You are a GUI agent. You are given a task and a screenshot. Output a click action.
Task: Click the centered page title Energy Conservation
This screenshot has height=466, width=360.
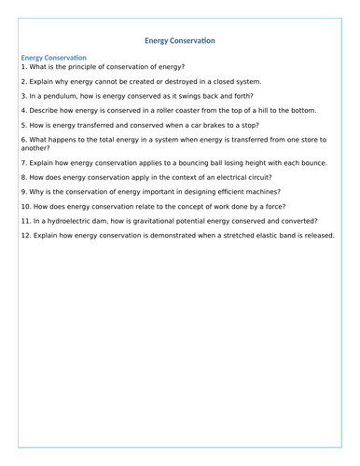tap(180, 40)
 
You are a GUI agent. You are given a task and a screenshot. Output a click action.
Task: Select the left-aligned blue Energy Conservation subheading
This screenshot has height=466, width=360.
tap(53, 58)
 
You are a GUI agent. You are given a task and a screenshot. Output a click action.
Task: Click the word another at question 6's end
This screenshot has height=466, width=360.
tap(35, 147)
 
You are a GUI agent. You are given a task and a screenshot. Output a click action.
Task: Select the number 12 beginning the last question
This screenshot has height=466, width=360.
tap(25, 236)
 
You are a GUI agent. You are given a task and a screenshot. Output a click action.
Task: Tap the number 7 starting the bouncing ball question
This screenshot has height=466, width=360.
tap(22, 162)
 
